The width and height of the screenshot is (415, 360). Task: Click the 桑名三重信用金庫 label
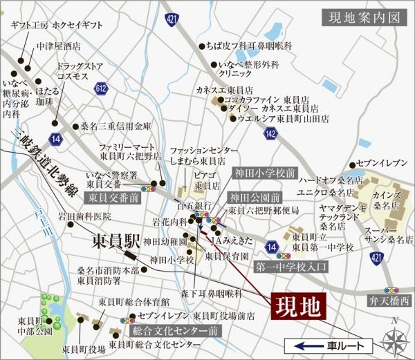coord(116,127)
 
